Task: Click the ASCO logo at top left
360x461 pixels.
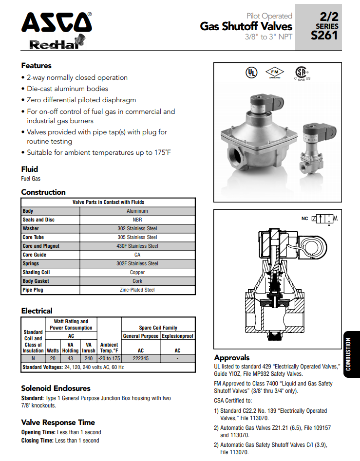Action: [56, 23]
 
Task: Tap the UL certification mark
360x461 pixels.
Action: [251, 73]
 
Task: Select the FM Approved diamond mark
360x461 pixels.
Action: [275, 73]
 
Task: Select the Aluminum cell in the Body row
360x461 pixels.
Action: [137, 211]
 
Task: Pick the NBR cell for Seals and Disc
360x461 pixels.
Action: [137, 220]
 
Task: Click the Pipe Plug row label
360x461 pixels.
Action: [33, 290]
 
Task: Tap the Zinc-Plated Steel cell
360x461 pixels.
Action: [137, 290]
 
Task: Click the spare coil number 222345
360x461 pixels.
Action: [140, 358]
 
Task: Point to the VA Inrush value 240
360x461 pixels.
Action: [88, 358]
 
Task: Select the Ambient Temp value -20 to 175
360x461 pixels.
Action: [109, 358]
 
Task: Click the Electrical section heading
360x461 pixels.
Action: [37, 311]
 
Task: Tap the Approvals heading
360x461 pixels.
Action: [231, 357]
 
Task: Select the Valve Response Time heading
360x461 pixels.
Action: [57, 422]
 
